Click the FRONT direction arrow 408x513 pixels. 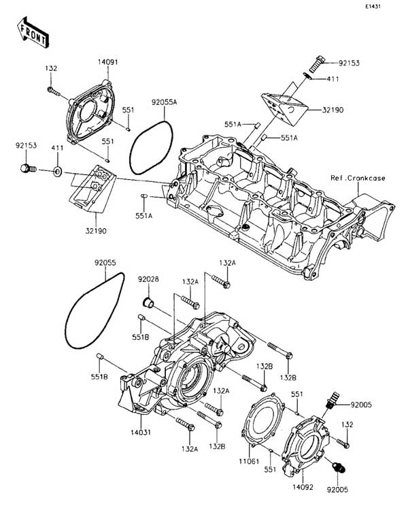click(x=33, y=33)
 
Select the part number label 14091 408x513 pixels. click(x=108, y=62)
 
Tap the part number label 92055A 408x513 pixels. click(x=164, y=102)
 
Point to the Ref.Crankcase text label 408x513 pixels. click(x=358, y=178)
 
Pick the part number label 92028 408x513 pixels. click(x=149, y=279)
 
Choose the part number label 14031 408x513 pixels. click(x=141, y=432)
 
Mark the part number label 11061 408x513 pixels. click(x=249, y=461)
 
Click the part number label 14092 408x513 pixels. click(x=303, y=487)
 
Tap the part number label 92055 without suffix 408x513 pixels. click(x=105, y=263)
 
